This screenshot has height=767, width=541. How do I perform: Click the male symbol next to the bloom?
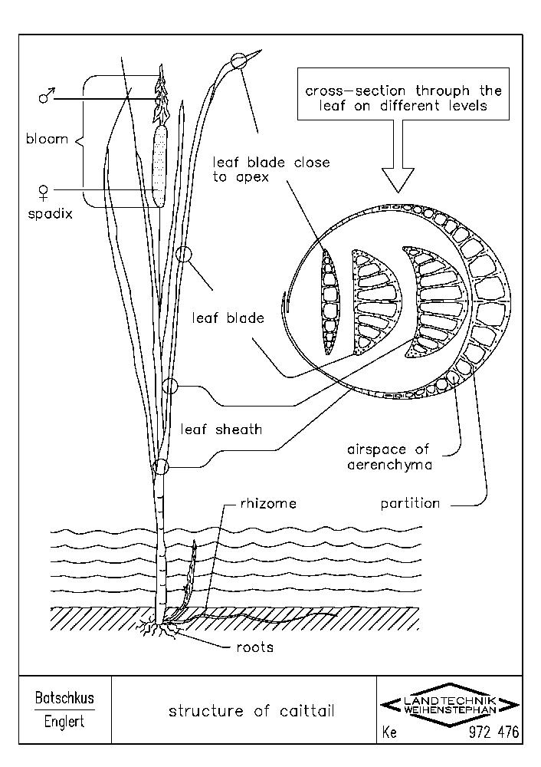pos(47,98)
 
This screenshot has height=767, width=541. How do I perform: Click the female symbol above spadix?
pos(45,189)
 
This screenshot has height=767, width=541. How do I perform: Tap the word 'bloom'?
pos(44,140)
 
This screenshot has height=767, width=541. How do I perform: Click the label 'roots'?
pos(254,647)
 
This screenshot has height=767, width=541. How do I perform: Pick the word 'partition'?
pos(410,504)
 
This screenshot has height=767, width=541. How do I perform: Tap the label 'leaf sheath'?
pos(221,430)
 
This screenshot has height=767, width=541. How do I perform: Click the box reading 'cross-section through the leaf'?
pos(393,97)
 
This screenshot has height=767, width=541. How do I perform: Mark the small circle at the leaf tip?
pos(240,61)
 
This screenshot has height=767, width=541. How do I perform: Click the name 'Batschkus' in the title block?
pos(64,699)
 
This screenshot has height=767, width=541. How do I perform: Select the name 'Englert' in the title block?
pos(64,723)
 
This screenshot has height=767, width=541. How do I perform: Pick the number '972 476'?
pos(493,733)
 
